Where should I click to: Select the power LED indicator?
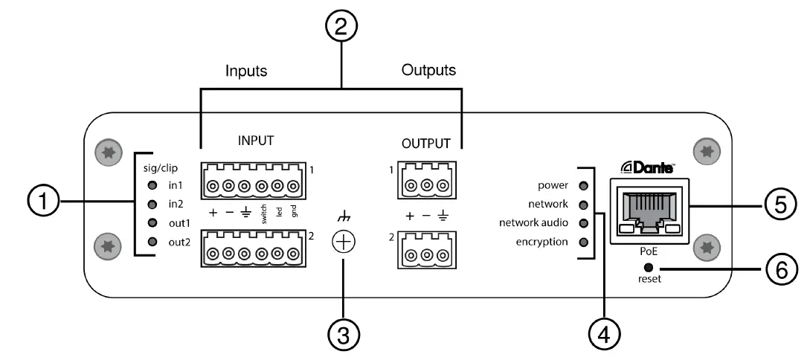584,186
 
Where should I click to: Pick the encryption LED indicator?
584,242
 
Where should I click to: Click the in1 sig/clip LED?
152,186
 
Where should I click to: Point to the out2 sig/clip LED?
152,241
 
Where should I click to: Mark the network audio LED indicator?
584,223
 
